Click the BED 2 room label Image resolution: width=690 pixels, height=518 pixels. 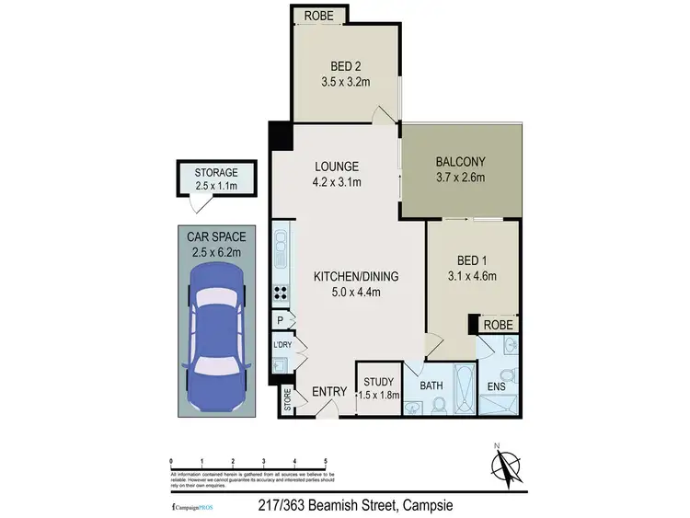pos(346,65)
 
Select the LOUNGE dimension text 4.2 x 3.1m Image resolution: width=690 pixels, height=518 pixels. pos(335,182)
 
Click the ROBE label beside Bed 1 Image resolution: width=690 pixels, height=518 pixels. pos(500,325)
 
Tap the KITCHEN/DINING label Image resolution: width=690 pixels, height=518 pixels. pos(347,277)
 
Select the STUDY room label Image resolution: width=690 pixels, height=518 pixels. pos(377,382)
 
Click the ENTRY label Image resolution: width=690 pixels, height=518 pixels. pos(328,392)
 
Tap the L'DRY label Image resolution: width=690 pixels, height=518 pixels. pos(282,345)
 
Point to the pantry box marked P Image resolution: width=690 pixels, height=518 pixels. pos(280,319)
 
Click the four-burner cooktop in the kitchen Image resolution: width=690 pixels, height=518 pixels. pos(281,294)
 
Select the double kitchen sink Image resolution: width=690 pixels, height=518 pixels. pos(280,246)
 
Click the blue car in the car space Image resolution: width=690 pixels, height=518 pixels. pos(214,325)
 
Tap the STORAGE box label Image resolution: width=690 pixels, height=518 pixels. pos(216,172)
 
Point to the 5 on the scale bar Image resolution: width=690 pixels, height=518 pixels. pos(325,461)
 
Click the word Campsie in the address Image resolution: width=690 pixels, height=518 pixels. pos(423,505)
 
